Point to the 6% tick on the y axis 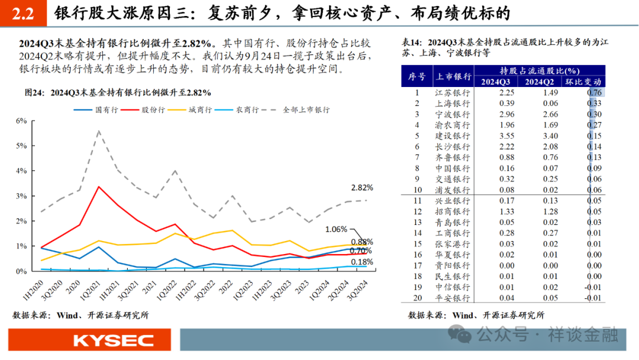21,121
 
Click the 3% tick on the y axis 21,196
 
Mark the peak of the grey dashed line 98,131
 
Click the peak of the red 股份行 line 98,187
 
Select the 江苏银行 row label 453,93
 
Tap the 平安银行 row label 453,298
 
